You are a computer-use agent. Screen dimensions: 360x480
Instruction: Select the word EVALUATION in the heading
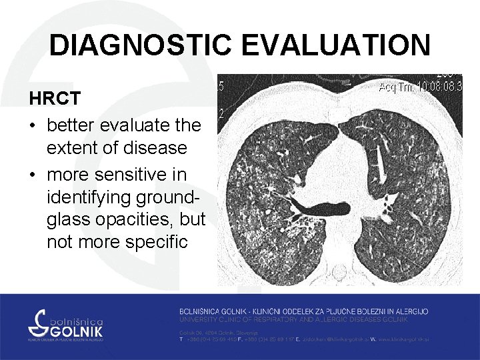click(x=337, y=46)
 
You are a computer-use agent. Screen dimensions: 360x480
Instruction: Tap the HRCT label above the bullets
click(x=55, y=99)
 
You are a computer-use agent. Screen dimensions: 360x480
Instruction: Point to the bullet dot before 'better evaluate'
click(x=33, y=125)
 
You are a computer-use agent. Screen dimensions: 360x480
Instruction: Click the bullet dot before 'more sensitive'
click(x=33, y=175)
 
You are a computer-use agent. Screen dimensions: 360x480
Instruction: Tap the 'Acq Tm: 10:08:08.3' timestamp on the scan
click(x=420, y=87)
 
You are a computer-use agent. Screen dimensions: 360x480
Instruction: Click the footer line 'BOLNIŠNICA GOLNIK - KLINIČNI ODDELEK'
click(x=303, y=311)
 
